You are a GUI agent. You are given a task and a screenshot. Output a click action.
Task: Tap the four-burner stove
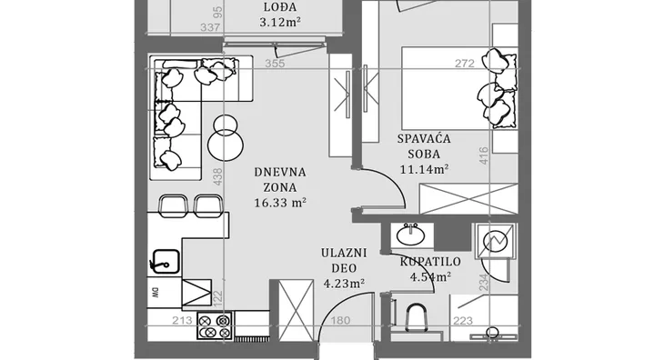215,325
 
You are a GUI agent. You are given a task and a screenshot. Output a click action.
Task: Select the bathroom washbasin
410,235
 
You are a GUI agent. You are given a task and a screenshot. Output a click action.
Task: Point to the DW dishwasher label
155,292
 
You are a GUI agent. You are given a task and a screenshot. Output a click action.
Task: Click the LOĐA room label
280,7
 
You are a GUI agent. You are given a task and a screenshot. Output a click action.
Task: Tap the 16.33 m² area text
280,203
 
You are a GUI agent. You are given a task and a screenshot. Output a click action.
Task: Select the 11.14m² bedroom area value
424,169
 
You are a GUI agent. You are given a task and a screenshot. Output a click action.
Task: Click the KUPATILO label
430,262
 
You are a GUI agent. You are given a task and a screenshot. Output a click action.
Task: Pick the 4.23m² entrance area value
345,283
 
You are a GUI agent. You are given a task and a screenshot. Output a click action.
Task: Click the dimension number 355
275,64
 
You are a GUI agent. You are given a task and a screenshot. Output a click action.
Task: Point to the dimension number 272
465,64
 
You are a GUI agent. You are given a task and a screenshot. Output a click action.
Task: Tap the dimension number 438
216,177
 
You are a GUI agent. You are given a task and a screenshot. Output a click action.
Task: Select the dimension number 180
340,321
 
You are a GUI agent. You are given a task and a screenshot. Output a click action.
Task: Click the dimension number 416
484,155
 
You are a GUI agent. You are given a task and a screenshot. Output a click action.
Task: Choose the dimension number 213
183,321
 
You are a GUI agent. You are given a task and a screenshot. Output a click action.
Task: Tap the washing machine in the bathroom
495,240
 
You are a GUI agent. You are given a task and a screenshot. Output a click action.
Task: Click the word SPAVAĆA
424,139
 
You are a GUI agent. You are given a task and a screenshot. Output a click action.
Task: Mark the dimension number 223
463,321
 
